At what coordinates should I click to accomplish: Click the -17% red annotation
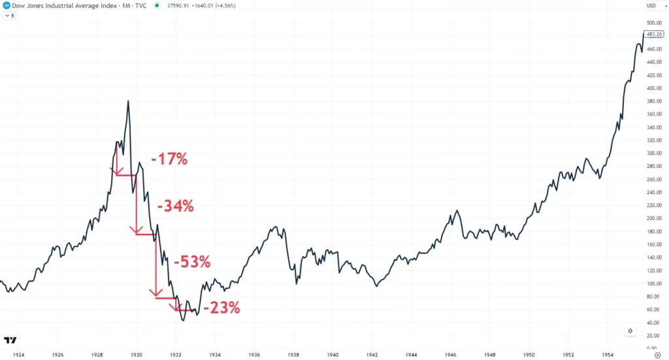click(169, 158)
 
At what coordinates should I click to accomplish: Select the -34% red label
click(175, 206)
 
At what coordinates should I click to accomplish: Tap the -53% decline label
click(191, 262)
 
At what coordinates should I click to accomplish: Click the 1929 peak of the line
click(128, 101)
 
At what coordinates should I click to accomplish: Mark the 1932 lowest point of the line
click(184, 320)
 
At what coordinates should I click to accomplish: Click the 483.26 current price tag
click(654, 33)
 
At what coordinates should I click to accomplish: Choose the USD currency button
click(653, 6)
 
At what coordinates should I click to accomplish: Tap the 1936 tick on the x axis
click(255, 355)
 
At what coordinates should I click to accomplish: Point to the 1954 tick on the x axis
click(610, 355)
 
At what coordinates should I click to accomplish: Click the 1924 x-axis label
click(18, 355)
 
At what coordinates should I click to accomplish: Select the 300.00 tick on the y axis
click(653, 153)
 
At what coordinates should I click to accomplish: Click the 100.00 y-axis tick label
click(653, 284)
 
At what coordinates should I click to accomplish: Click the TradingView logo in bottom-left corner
click(10, 340)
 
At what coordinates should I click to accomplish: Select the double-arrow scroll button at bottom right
click(630, 331)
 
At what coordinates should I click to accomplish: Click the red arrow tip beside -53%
click(155, 295)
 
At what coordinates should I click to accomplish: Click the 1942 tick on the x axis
click(373, 355)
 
